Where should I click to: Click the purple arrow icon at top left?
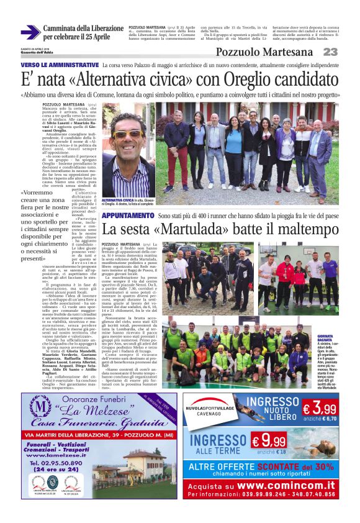pyautogui.click(x=30, y=32)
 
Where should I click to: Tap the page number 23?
pyautogui.click(x=330, y=52)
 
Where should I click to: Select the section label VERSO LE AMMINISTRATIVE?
pyautogui.click(x=60, y=65)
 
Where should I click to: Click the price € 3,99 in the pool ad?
pyautogui.click(x=320, y=409)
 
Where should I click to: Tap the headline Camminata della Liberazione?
pyautogui.click(x=84, y=29)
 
